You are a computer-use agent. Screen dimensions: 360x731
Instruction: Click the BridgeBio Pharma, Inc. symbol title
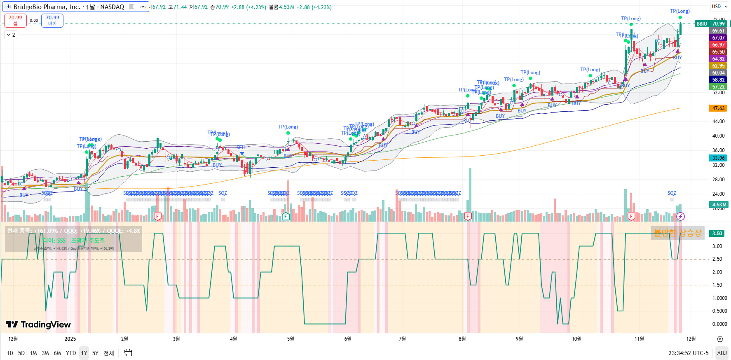[x=68, y=7]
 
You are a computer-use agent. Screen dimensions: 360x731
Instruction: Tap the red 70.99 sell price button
[x=15, y=20]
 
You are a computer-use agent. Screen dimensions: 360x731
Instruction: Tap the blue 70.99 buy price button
[x=52, y=20]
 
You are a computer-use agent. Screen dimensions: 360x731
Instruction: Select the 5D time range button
[x=21, y=353]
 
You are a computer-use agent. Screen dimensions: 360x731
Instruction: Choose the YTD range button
[x=71, y=353]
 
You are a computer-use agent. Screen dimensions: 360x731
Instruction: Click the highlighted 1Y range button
[x=84, y=353]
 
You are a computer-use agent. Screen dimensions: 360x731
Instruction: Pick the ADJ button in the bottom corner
[x=722, y=353]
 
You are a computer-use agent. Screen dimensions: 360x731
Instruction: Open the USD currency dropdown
[x=719, y=7]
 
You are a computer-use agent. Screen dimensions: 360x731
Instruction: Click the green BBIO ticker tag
[x=702, y=24]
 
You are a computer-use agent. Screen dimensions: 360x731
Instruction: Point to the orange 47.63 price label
[x=718, y=108]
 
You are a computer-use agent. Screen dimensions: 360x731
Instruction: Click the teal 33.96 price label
[x=718, y=158]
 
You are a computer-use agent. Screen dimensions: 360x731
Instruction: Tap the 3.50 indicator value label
[x=717, y=234]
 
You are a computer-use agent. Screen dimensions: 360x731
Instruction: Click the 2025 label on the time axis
[x=70, y=339]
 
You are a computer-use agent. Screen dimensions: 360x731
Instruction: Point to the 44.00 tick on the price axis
[x=718, y=122]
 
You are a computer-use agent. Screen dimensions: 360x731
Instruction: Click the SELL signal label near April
[x=241, y=147]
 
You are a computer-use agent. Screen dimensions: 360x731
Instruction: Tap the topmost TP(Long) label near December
[x=679, y=11]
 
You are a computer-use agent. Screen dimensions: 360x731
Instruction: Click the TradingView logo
[x=38, y=325]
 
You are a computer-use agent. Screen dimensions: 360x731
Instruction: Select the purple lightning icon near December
[x=680, y=216]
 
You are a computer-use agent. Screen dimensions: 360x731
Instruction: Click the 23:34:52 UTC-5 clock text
[x=688, y=353]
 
